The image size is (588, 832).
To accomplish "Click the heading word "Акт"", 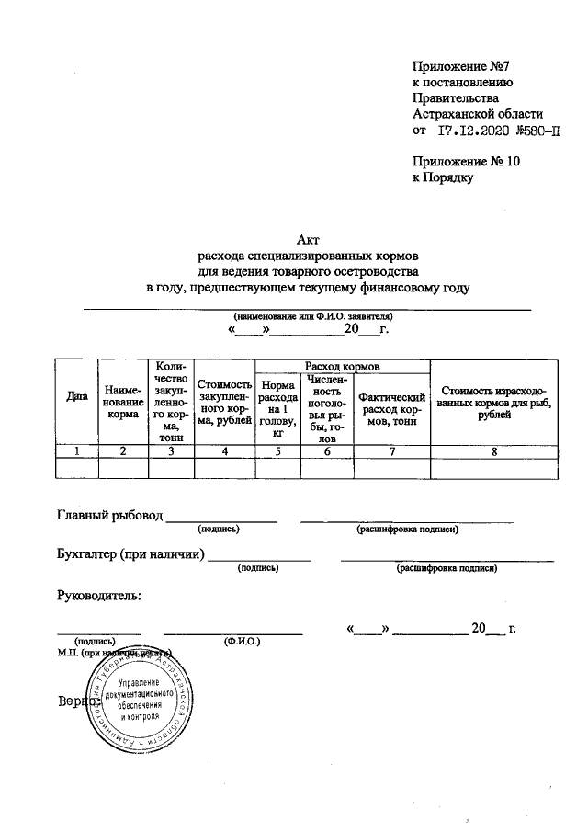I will coord(307,239).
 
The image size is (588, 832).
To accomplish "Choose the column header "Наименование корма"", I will coord(122,403).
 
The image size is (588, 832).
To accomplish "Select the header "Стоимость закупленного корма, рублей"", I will coord(223,403).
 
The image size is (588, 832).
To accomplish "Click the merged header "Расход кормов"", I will coord(342,366).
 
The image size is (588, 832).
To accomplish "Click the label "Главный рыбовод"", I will coord(109,515).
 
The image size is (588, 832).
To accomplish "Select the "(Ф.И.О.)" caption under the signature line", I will coord(243,641).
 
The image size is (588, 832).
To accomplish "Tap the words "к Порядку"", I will coord(444,178).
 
